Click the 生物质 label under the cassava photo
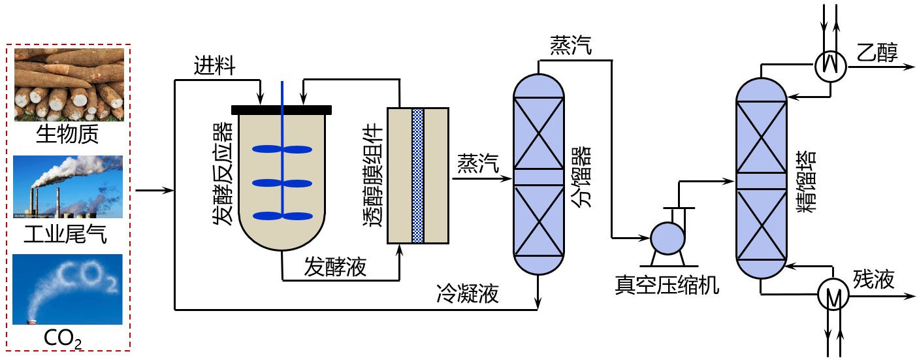coord(68,135)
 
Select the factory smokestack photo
coord(68,186)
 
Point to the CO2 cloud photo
coord(68,289)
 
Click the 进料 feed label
coord(214,66)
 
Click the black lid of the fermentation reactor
coord(281,108)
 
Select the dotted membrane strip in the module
coord(418,175)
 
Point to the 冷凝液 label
coord(468,294)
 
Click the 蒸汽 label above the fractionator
coord(571,46)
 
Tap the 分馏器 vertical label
coord(581,176)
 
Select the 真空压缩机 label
coord(666,285)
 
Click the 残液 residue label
coord(874,280)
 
